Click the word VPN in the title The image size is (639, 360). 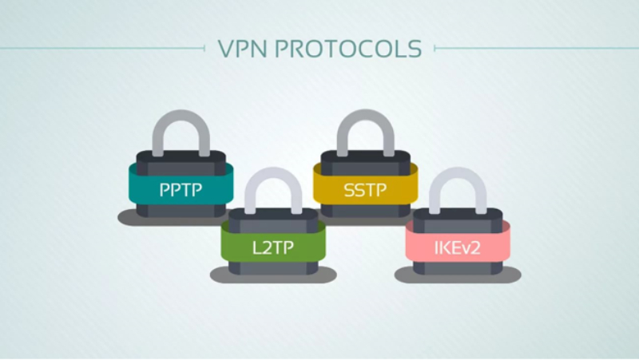(243, 49)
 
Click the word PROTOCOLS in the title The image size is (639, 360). (348, 49)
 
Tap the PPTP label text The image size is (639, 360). (181, 190)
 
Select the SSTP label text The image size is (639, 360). (365, 190)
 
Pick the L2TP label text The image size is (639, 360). (273, 247)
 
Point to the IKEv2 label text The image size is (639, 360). (457, 247)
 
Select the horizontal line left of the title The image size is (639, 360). (102, 49)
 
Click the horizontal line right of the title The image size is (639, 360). (536, 49)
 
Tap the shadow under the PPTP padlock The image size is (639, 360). (127, 218)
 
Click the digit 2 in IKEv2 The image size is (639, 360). (474, 248)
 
